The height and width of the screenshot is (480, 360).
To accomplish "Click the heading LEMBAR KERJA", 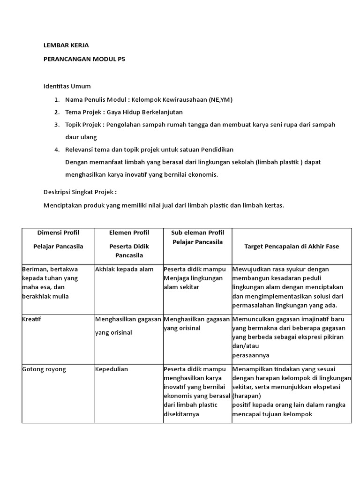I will [66, 45].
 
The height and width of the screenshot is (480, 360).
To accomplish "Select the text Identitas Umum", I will [67, 86].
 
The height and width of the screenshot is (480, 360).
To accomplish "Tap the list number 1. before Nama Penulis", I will [57, 99].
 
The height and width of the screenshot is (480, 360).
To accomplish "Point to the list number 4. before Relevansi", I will [57, 150].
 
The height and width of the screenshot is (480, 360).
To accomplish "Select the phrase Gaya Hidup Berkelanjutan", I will [145, 112].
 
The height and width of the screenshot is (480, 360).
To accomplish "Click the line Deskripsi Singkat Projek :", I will [80, 192].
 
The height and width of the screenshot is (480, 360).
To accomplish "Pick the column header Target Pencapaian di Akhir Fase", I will [292, 246].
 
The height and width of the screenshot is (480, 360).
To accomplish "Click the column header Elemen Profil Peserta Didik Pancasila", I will [128, 244].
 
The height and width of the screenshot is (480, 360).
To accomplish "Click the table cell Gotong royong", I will [44, 369].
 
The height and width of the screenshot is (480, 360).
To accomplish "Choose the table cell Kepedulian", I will [112, 369].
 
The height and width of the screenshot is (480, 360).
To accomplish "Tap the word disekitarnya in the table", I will [181, 414].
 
